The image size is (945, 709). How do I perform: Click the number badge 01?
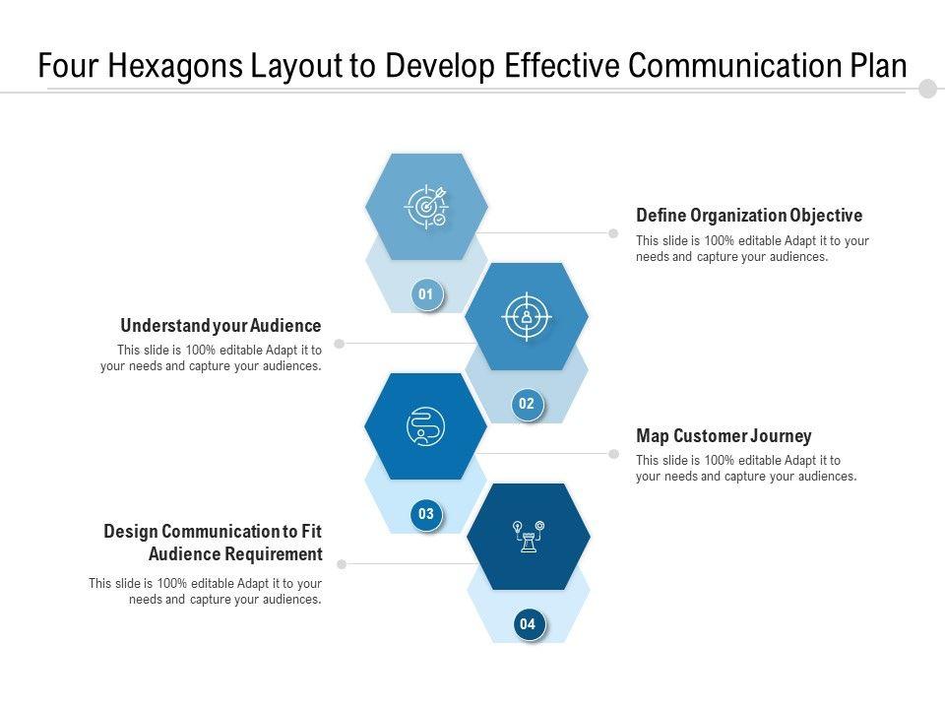[x=426, y=294]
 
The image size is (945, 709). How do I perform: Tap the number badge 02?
[x=527, y=404]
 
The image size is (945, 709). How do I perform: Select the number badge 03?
[x=426, y=514]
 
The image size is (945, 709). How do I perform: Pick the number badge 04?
[x=528, y=624]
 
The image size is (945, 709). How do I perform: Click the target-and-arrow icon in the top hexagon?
[x=426, y=207]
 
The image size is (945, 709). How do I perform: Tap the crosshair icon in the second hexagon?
[x=527, y=316]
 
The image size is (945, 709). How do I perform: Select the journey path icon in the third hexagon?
[x=425, y=426]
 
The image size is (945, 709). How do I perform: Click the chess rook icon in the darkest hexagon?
[x=529, y=537]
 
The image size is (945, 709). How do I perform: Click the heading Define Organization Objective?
[x=749, y=216]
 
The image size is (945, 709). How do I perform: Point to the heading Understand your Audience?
[x=220, y=326]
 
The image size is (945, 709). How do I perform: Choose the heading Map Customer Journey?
[x=724, y=436]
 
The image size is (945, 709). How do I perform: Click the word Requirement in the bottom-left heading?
[x=274, y=553]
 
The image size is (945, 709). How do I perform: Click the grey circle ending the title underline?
[x=927, y=90]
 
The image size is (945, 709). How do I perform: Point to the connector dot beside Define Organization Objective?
[x=613, y=233]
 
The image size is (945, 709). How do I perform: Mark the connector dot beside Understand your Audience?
[x=340, y=344]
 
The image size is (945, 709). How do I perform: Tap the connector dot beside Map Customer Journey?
[x=613, y=454]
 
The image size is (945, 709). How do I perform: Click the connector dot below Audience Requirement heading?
[x=342, y=564]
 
